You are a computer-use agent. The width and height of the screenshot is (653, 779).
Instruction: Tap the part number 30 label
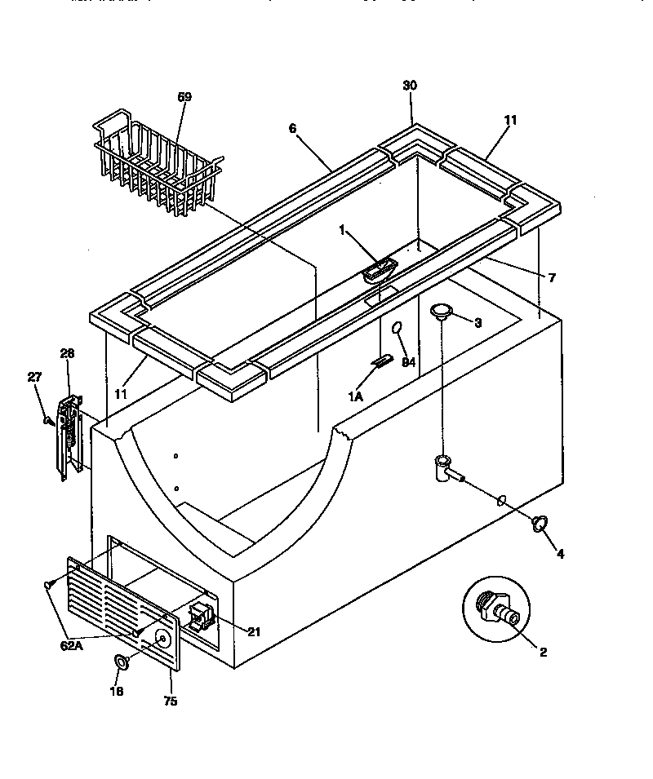(x=411, y=86)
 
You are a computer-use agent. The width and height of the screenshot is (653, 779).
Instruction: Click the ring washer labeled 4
(x=539, y=524)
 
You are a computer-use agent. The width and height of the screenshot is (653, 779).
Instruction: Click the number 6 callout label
(x=292, y=129)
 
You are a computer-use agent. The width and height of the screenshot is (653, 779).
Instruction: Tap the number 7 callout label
(x=552, y=278)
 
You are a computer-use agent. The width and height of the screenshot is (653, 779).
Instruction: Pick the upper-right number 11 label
(x=510, y=120)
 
